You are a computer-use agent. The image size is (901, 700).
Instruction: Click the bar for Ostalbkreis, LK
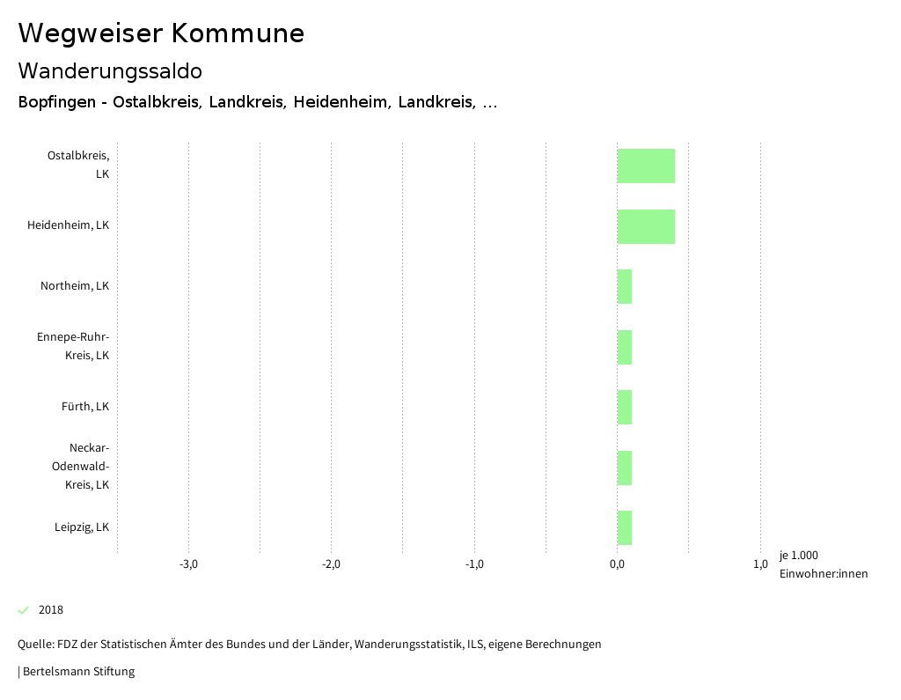coord(646,166)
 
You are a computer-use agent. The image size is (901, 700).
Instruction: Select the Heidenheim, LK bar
coord(646,226)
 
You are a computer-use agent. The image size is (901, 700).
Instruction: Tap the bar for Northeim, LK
coord(624,286)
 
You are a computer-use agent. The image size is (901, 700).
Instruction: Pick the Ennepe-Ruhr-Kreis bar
coord(624,347)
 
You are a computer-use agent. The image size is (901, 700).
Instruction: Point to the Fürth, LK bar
coord(624,407)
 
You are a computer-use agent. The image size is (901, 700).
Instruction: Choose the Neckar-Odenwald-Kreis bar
coord(624,468)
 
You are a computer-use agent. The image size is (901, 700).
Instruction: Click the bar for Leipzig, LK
coord(624,527)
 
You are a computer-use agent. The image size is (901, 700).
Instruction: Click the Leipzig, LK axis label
coord(82,527)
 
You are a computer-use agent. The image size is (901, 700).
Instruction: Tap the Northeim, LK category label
coord(75,286)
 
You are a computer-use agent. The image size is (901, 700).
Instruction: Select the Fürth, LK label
coord(85,407)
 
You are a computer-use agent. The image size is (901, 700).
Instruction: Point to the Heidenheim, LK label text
coord(68,225)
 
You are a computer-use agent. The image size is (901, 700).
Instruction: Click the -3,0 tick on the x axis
coord(188,564)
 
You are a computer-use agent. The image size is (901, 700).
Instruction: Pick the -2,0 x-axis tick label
coord(331,564)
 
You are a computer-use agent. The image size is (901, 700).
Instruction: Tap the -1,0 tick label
coord(474,564)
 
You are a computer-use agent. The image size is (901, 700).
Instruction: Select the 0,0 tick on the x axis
coord(617,564)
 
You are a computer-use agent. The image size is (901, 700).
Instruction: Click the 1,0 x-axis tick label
coord(760,564)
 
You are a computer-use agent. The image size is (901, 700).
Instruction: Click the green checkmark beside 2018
coord(24,610)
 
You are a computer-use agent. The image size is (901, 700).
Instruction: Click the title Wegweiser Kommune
coord(161,33)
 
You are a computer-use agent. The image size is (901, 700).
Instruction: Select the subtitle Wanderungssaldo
coord(110,70)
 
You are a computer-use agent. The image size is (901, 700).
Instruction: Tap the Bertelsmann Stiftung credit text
coord(77,672)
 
